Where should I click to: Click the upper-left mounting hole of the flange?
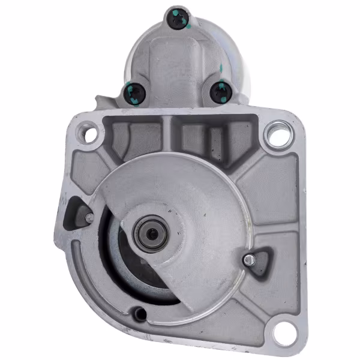90,133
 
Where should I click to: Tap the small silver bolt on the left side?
89,217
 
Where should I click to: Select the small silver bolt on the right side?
248,259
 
